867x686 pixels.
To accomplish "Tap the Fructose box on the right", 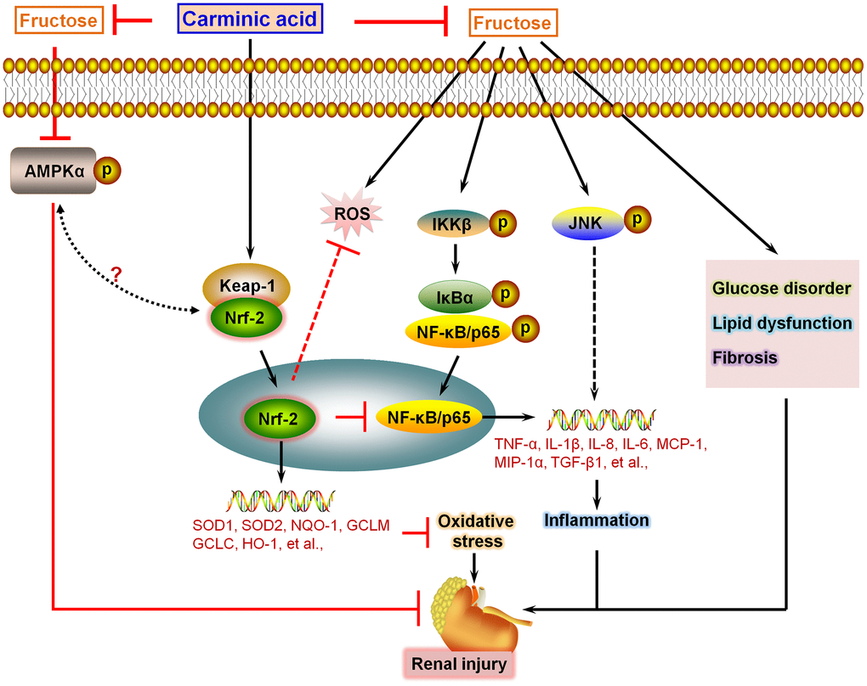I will click(x=513, y=23).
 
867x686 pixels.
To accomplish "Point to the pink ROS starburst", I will click(x=352, y=215).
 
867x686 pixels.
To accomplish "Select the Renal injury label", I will click(x=461, y=662).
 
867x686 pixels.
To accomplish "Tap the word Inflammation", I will click(x=597, y=520).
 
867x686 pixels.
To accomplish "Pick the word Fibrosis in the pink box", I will click(x=745, y=357).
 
